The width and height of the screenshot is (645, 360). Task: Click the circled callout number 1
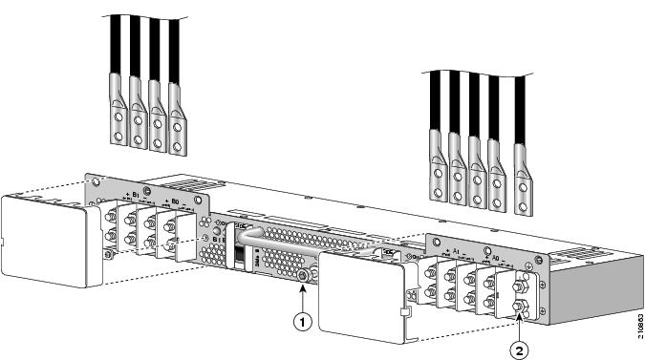pos(303,322)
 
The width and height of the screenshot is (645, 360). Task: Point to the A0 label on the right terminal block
pos(493,257)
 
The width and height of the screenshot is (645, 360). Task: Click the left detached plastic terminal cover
pos(48,229)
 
